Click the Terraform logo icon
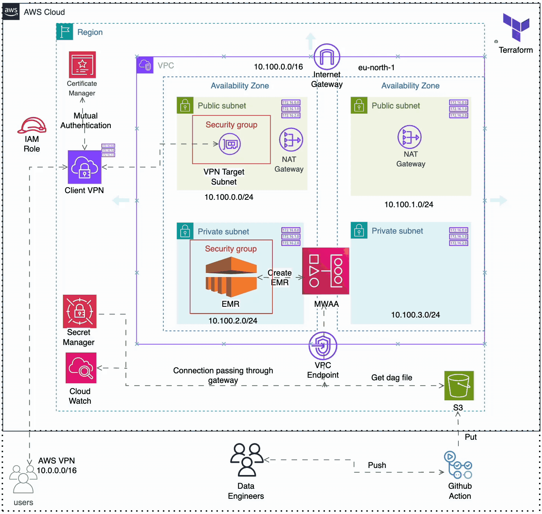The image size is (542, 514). coord(516,27)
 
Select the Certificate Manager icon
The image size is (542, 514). coord(82,65)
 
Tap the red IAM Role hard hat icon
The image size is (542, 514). coord(32,126)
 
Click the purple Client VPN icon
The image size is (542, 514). coord(84,167)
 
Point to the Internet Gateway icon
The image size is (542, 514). coord(327,57)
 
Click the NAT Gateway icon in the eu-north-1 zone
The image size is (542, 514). coord(409,137)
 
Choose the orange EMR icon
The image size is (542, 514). coord(231,277)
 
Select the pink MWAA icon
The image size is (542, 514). coord(326,271)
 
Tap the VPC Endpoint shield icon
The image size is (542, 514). coord(323,346)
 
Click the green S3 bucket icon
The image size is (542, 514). coord(459,385)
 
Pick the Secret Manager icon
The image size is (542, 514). coord(80,311)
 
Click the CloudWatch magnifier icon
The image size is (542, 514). coord(81,368)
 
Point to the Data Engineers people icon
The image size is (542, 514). coord(246,460)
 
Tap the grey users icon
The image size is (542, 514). coord(23,479)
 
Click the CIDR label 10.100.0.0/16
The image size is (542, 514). coord(278,67)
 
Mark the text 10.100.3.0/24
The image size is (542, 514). coord(415,315)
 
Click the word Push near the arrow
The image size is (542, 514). coord(377,465)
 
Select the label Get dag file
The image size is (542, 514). coord(391,378)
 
